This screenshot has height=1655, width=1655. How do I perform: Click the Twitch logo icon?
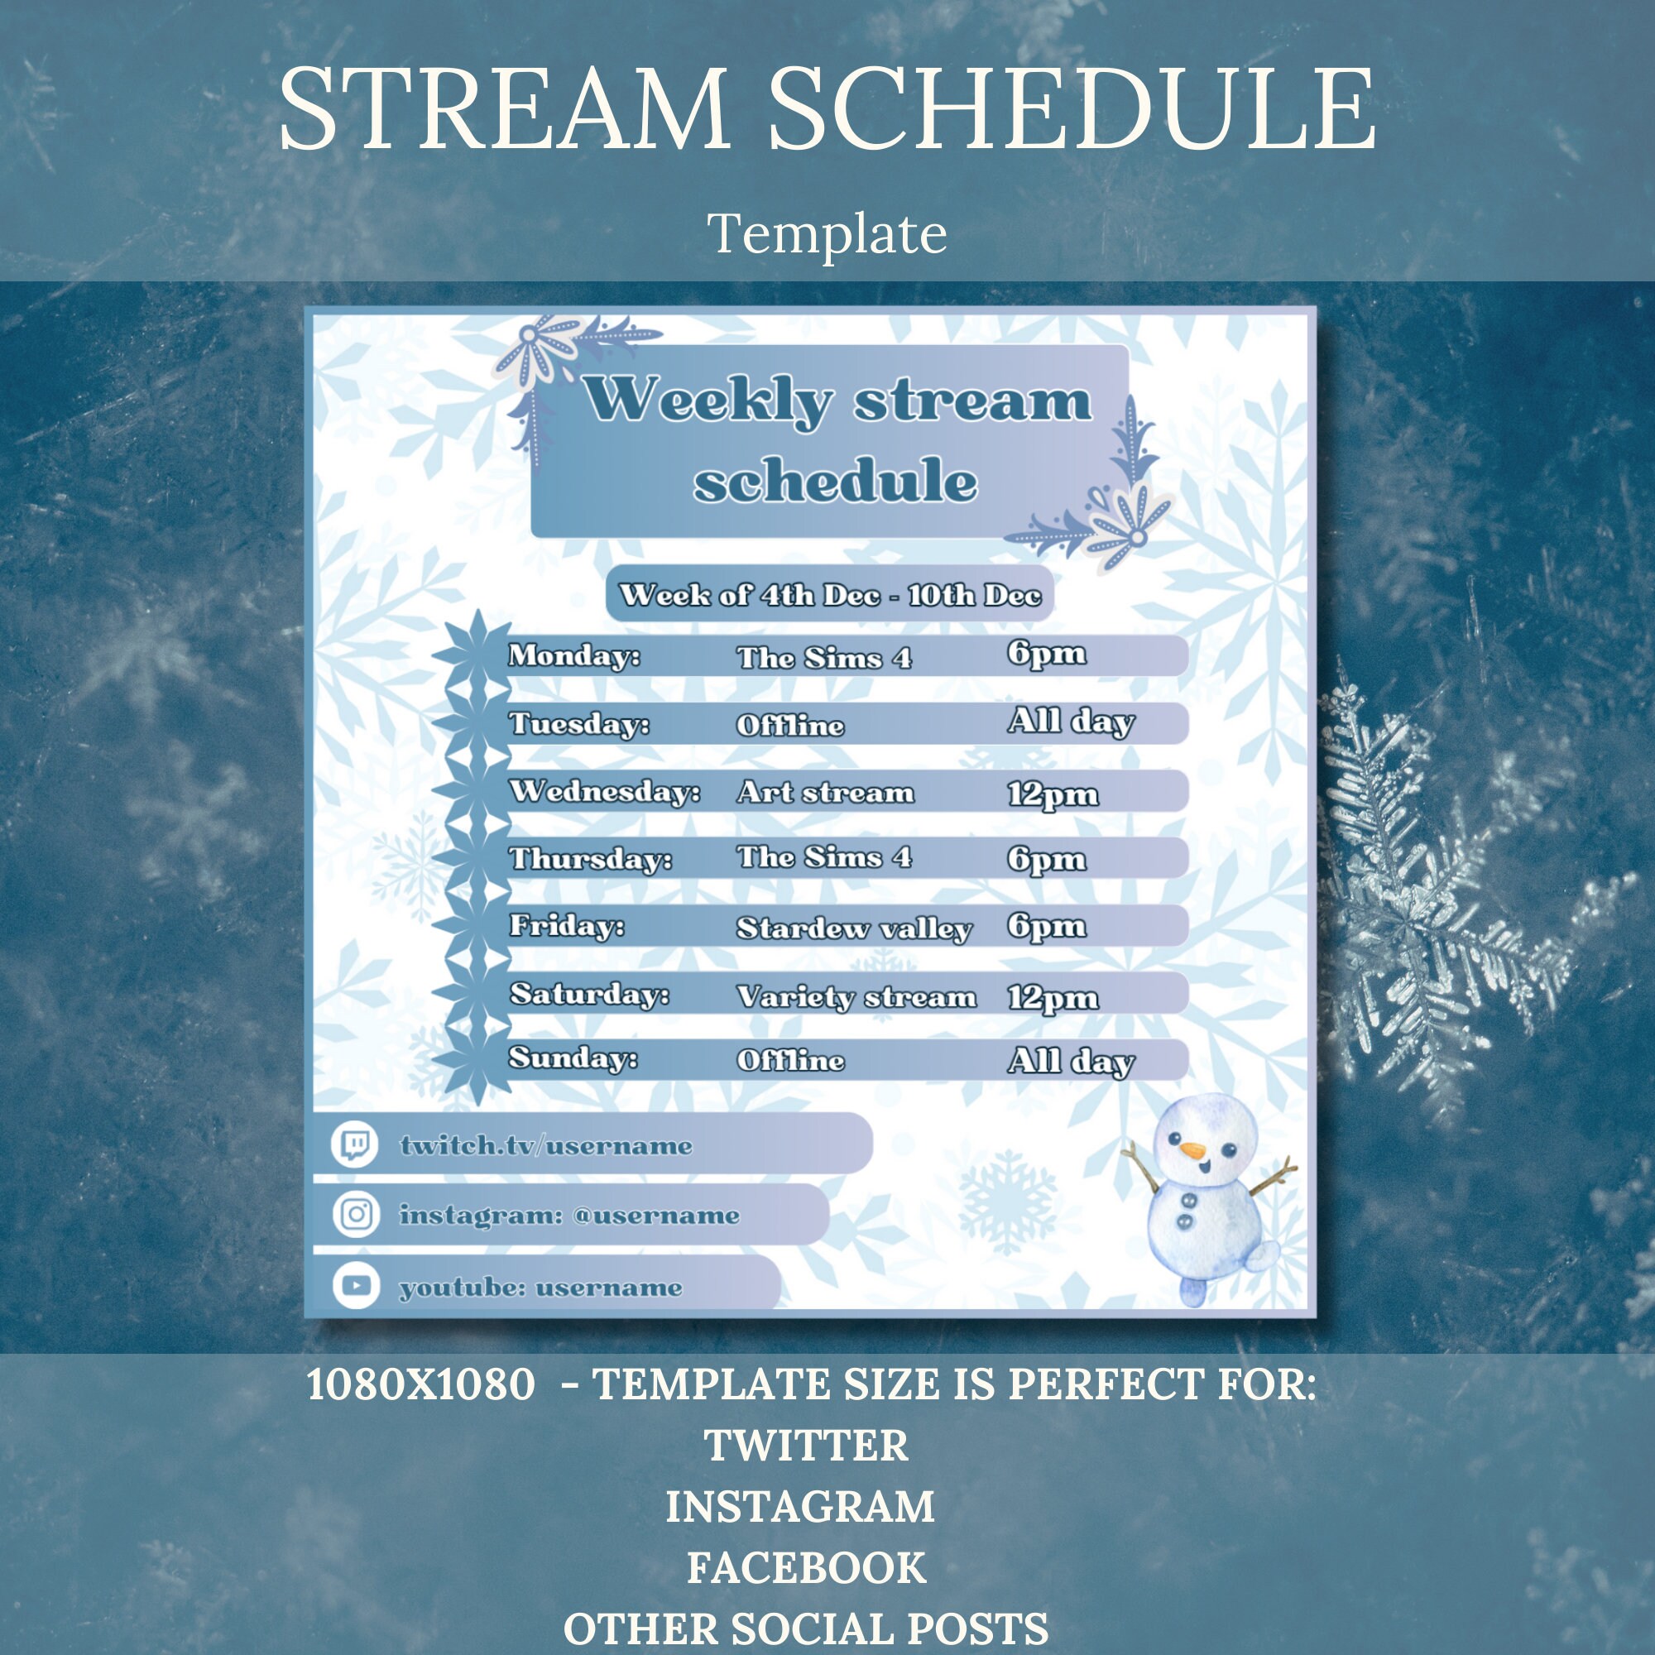click(355, 1144)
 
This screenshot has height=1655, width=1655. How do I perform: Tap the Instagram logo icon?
click(356, 1215)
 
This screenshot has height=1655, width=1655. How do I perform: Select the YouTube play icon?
click(356, 1286)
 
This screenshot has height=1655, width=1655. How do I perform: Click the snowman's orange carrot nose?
click(1191, 1149)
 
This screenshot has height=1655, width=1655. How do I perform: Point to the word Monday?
click(573, 656)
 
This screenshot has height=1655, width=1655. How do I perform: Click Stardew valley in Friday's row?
click(853, 928)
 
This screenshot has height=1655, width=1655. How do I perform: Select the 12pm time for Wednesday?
click(1052, 794)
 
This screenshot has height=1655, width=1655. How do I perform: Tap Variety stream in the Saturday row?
click(856, 997)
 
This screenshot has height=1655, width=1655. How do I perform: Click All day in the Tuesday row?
click(1071, 722)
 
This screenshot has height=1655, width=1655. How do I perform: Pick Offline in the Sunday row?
click(789, 1061)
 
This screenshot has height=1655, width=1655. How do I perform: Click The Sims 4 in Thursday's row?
click(824, 857)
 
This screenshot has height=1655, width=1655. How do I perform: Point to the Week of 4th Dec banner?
click(829, 594)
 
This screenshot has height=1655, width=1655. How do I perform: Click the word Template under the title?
click(827, 233)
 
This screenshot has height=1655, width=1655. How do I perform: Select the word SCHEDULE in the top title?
click(1071, 112)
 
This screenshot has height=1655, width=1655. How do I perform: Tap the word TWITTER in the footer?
click(805, 1446)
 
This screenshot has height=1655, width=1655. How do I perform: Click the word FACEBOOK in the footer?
click(806, 1567)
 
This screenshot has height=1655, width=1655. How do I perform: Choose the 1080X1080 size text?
click(420, 1384)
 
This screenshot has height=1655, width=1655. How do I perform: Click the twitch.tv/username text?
click(545, 1146)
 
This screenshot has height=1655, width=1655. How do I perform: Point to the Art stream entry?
click(825, 793)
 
